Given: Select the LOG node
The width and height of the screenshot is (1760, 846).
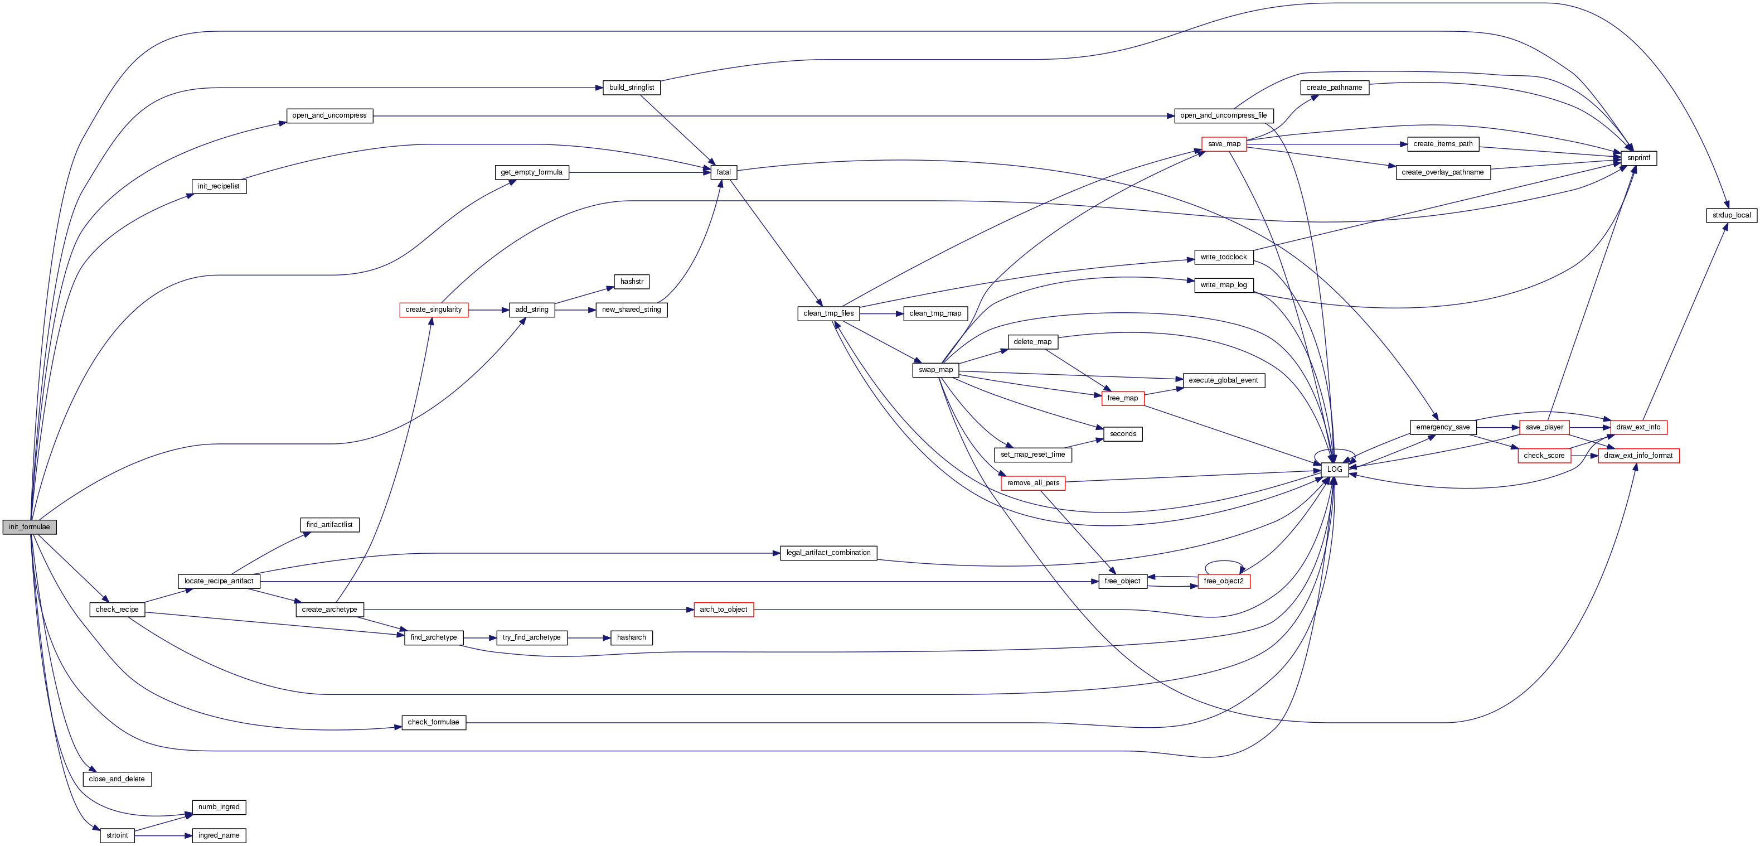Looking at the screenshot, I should [x=1334, y=470].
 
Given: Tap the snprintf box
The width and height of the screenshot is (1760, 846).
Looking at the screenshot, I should [x=1638, y=158].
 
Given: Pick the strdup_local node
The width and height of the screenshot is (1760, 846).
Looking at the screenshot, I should [x=1732, y=215].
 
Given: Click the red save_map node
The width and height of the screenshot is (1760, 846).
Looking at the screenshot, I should [x=1224, y=144].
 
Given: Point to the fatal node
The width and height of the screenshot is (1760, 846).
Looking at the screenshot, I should [x=724, y=172].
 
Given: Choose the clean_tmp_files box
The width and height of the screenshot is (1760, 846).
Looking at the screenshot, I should [x=828, y=313].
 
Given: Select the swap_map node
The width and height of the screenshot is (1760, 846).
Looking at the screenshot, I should [x=935, y=370].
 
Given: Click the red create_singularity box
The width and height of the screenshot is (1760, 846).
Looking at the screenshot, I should [x=433, y=310].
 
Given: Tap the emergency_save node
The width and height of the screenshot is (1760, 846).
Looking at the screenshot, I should [x=1442, y=427].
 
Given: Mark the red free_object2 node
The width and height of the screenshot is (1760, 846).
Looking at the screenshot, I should [x=1223, y=581].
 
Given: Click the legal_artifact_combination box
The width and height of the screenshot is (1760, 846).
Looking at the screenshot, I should [x=828, y=553].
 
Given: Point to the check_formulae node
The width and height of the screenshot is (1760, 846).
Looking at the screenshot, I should [x=433, y=722].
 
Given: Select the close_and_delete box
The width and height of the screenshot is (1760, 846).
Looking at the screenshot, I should [x=117, y=779].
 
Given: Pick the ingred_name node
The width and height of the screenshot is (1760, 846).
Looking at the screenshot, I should [x=219, y=836].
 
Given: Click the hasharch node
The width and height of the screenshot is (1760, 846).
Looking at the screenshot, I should [x=631, y=637].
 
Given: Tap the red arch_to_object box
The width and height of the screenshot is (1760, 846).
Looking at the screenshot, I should [x=723, y=610].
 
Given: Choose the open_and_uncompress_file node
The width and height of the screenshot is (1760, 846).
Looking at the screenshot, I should [x=1223, y=115].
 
